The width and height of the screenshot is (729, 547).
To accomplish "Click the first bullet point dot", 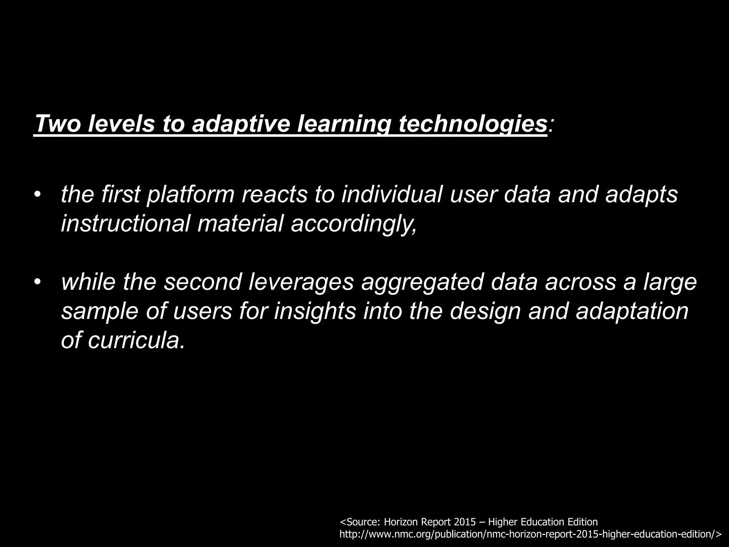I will click(x=38, y=195).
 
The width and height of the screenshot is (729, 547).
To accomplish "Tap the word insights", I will click(x=315, y=311).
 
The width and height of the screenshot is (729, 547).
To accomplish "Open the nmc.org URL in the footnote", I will click(x=530, y=534).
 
